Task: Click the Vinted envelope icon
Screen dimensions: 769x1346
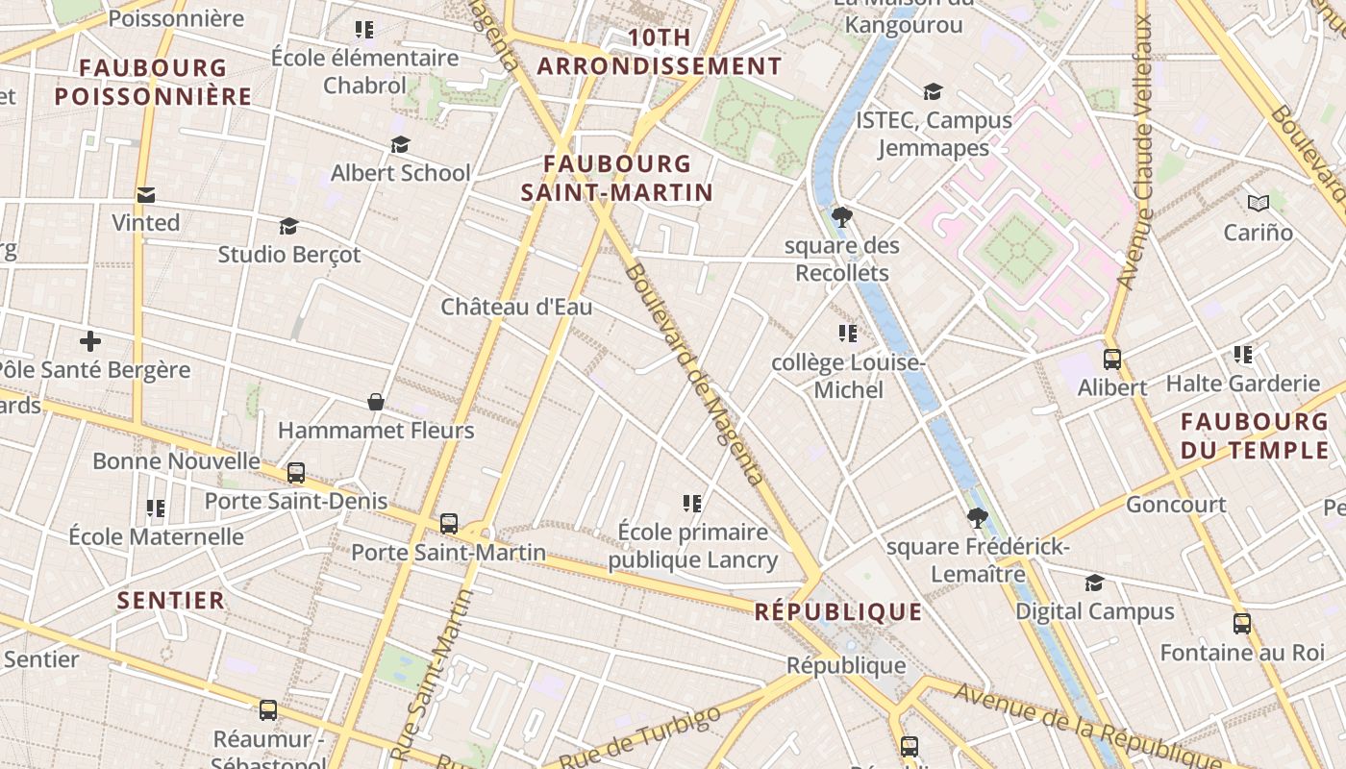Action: click(x=146, y=195)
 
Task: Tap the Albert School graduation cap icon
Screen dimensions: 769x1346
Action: click(x=400, y=145)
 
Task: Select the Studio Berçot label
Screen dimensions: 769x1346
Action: click(x=288, y=255)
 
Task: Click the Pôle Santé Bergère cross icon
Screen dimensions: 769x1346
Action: click(x=90, y=341)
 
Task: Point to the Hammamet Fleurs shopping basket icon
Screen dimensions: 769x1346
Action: click(x=376, y=402)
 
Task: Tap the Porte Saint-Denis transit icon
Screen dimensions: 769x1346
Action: click(x=296, y=473)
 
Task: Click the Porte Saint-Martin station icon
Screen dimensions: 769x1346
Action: click(x=449, y=524)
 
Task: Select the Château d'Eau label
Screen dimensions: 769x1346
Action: click(x=516, y=307)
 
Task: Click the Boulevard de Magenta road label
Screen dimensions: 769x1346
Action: click(x=693, y=373)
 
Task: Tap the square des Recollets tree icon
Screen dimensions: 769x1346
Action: click(x=842, y=216)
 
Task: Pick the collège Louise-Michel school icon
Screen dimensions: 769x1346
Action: click(x=847, y=334)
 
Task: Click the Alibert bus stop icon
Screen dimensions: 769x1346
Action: click(x=1112, y=360)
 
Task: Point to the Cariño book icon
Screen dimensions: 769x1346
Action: click(x=1258, y=203)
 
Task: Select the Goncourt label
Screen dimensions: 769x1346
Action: click(x=1176, y=505)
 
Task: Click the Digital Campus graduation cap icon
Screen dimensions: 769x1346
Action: click(x=1094, y=583)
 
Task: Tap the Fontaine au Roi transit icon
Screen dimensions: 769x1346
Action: click(x=1242, y=624)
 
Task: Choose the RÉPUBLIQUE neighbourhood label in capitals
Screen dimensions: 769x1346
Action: click(x=838, y=612)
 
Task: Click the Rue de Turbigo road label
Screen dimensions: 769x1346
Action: click(x=639, y=738)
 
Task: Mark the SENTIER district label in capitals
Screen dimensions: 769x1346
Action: click(x=171, y=601)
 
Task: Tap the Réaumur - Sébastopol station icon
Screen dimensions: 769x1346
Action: click(x=268, y=710)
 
